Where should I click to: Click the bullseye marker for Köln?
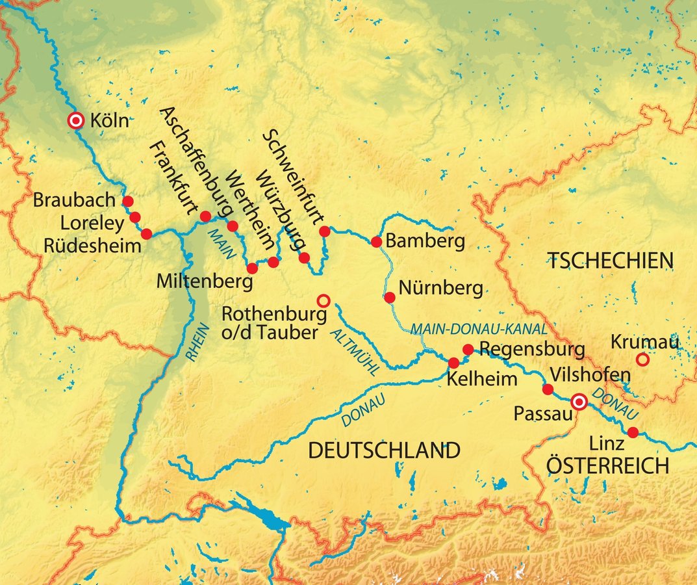77,120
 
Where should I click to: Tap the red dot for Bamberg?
375,242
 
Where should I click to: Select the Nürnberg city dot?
389,298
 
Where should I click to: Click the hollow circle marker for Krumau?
642,359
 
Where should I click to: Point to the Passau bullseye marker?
578,402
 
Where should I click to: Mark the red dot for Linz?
633,432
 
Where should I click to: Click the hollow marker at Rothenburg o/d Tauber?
323,300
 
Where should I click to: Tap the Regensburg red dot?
468,350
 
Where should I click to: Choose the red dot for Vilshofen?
548,389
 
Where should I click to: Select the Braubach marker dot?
128,201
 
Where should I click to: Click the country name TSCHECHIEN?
610,262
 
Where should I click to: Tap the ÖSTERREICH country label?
607,466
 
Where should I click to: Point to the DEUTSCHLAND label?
384,450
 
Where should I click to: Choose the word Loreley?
91,224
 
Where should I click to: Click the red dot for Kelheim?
454,363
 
